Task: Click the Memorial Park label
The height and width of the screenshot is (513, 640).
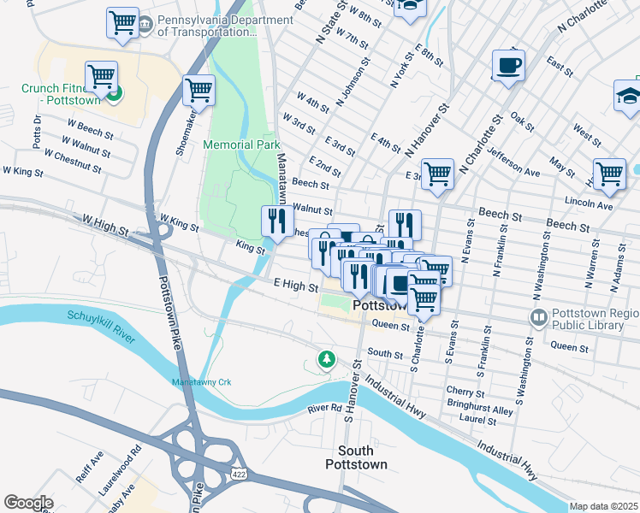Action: (x=242, y=144)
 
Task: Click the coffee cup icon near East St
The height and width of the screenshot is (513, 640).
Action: (x=507, y=65)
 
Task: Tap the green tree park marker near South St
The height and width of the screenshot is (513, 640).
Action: (x=325, y=359)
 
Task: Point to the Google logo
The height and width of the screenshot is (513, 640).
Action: (x=28, y=503)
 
